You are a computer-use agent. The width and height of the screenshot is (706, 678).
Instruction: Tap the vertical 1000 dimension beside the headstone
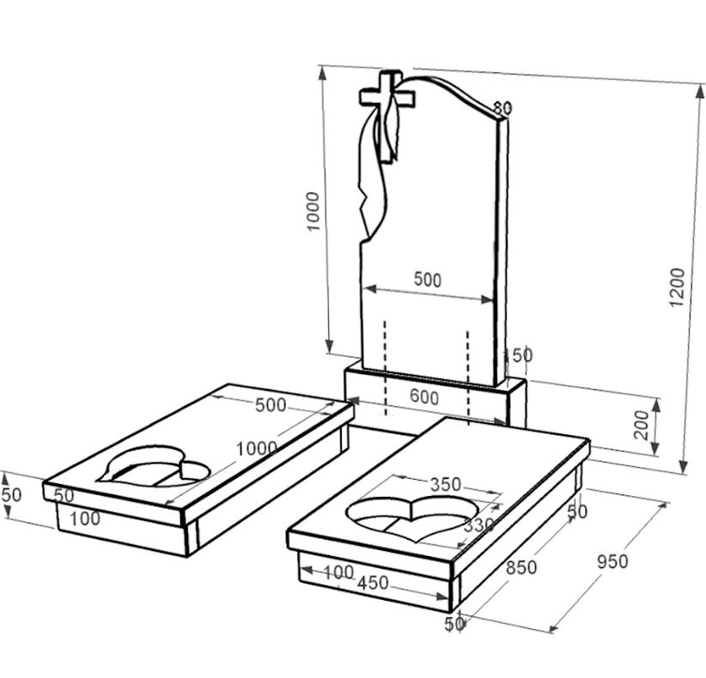point(313,211)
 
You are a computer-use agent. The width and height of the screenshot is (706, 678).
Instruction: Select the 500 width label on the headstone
point(427,280)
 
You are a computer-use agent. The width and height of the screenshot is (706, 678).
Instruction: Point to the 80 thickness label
point(502,108)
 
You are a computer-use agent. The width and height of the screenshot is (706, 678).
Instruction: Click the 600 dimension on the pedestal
point(424,397)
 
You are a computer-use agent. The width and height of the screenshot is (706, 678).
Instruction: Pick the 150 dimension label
point(518,355)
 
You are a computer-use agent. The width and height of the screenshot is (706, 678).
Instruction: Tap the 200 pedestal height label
point(642,425)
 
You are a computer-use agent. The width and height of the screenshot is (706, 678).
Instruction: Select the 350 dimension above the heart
point(446,485)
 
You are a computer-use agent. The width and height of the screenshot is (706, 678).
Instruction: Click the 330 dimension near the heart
point(478,524)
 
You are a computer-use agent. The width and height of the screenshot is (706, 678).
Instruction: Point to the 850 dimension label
point(521,568)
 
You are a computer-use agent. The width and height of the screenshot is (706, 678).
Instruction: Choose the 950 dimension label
point(612,561)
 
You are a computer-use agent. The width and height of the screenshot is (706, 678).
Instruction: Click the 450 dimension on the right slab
point(373,583)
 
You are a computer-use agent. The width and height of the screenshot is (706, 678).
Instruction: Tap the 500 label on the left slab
point(271,405)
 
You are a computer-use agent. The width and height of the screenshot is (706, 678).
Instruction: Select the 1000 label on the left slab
point(257,448)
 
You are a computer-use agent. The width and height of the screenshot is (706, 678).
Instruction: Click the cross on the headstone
point(386,116)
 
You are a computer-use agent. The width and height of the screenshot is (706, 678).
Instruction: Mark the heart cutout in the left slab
point(155,466)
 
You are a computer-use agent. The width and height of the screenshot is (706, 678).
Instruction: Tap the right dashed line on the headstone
point(468,378)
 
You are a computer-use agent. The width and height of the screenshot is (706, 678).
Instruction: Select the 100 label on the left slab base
point(85,518)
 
